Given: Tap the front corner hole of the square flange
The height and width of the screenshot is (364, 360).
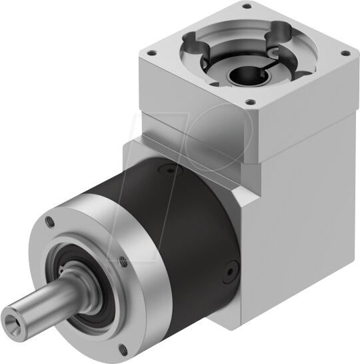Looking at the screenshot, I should pyautogui.click(x=251, y=102).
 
